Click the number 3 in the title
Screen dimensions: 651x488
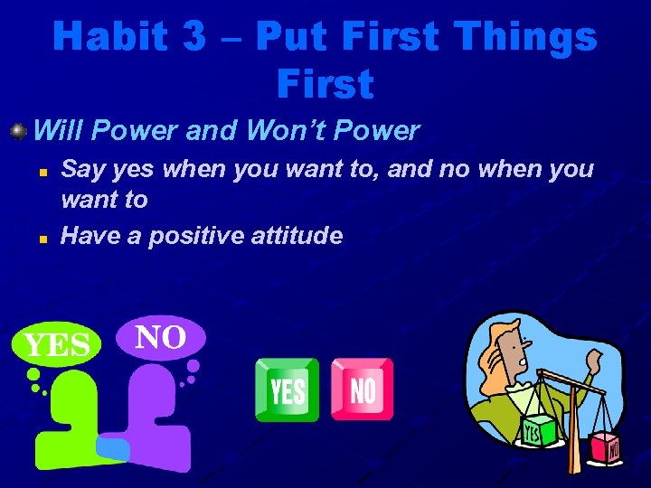pos(193,35)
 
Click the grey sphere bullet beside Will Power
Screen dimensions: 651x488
pos(18,132)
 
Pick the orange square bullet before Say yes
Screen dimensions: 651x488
pos(43,173)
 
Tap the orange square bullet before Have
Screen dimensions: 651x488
pos(43,239)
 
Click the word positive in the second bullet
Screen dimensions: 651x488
pos(196,237)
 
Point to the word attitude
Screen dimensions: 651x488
pos(297,235)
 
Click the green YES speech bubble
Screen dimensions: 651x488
pos(56,344)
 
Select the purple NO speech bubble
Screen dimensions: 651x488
pos(161,337)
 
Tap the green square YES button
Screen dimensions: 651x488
pos(287,390)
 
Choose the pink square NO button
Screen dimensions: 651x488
pos(363,389)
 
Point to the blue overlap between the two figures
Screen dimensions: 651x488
pos(113,449)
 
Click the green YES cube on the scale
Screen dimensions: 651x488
pos(538,432)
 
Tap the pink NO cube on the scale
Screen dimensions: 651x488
pos(605,448)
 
